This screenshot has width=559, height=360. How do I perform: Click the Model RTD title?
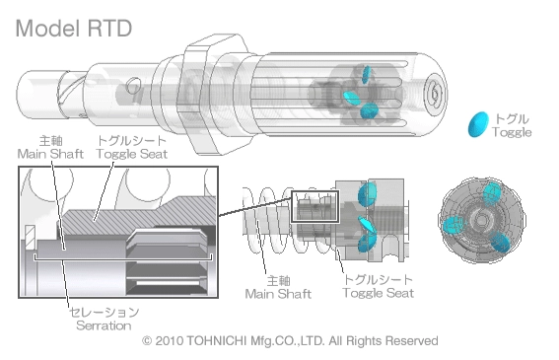click(74, 29)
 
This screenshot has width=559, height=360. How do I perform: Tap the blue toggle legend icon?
click(478, 124)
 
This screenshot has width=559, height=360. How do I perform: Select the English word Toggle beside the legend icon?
click(512, 132)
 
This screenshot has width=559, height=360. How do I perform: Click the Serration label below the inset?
click(104, 325)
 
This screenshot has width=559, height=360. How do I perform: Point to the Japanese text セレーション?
click(105, 313)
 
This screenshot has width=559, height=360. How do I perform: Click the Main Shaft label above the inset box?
click(50, 154)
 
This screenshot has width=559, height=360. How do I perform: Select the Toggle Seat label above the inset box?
click(131, 154)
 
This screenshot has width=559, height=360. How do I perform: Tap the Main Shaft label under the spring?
click(278, 294)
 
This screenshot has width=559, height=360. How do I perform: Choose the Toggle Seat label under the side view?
click(379, 293)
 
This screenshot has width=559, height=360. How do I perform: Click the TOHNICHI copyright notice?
click(290, 340)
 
